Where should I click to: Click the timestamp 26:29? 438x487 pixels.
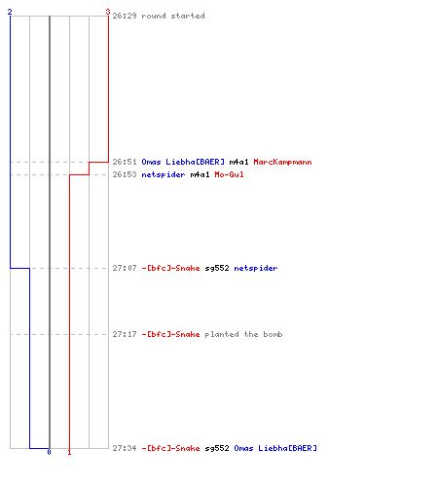[x=125, y=16]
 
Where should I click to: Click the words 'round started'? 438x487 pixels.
[x=173, y=16]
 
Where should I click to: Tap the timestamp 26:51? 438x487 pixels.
[x=125, y=162]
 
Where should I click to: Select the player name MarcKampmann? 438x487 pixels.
[x=282, y=162]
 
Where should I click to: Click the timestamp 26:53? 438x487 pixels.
[x=125, y=174]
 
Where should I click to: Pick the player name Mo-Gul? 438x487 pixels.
[x=229, y=174]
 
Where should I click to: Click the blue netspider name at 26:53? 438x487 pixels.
[x=164, y=174]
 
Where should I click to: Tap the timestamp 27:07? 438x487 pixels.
[x=125, y=268]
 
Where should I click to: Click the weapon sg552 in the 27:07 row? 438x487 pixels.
[x=217, y=268]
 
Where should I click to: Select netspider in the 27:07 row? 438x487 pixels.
[x=256, y=268]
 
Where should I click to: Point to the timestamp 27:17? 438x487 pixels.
[x=125, y=334]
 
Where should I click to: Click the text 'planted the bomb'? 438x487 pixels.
[x=243, y=334]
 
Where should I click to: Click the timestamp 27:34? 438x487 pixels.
[x=125, y=448]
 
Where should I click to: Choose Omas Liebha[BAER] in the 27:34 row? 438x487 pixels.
[x=275, y=448]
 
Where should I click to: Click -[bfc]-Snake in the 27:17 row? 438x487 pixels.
[x=170, y=334]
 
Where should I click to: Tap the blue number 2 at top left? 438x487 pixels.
[x=10, y=12]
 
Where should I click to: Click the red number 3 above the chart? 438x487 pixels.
[x=108, y=12]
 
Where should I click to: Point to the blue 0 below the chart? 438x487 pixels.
[x=49, y=452]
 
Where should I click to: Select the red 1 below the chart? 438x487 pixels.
[x=69, y=452]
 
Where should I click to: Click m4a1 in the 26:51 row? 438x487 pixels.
[x=238, y=162]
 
